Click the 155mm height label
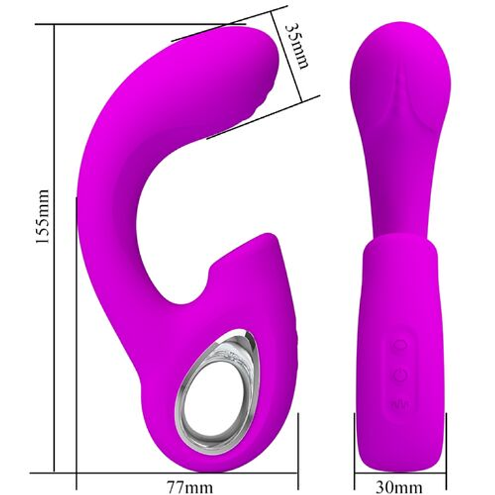pyautogui.click(x=43, y=217)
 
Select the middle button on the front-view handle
pyautogui.click(x=400, y=375)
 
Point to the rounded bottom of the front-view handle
pyautogui.click(x=401, y=456)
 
